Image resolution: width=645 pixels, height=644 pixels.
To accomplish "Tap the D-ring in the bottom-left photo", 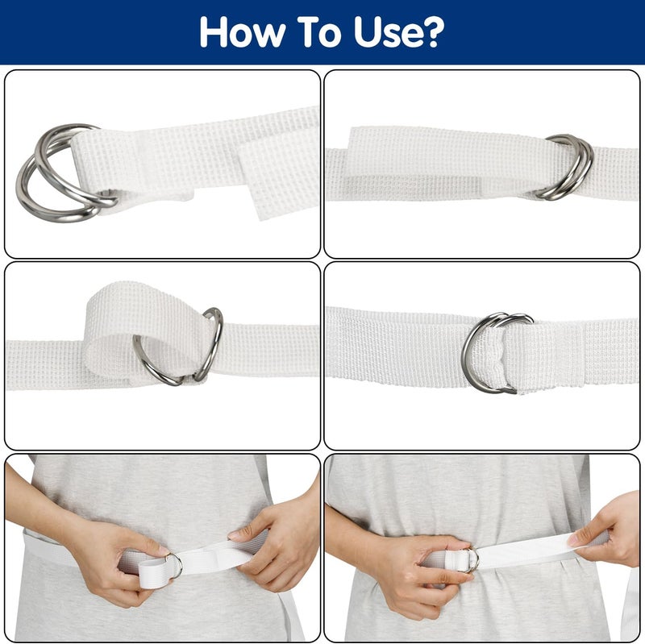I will point(172,564).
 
